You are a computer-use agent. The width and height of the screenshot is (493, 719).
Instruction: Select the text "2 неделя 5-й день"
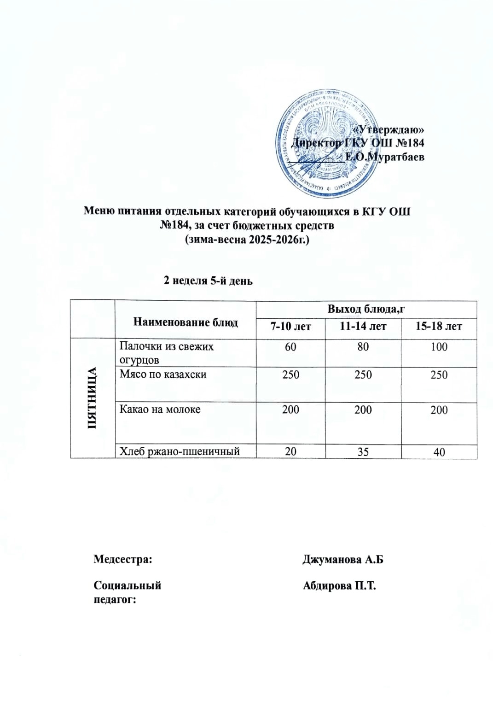coord(208,281)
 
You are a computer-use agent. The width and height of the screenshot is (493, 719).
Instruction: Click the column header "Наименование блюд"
coord(186,322)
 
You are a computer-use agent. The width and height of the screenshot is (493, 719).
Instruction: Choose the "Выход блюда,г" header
coord(366,309)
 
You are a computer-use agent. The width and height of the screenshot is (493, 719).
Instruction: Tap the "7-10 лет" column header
coord(290,327)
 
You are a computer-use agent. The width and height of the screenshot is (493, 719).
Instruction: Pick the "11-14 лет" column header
coord(363,327)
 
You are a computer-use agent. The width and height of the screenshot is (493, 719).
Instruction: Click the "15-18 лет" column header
coord(439,327)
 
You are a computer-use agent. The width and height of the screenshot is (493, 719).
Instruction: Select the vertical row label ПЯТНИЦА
coord(92,398)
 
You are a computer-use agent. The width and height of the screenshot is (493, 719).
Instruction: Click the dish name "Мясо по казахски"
coord(163,374)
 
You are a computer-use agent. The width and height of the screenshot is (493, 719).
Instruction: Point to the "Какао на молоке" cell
coord(160,409)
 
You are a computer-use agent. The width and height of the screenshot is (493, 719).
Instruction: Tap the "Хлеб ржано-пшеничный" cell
coord(180,451)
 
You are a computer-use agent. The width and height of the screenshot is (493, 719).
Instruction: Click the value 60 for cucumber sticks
coord(290,347)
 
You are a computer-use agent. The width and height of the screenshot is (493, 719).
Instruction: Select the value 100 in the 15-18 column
coord(439,347)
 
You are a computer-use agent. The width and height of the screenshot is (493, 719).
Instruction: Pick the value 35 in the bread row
coord(363,452)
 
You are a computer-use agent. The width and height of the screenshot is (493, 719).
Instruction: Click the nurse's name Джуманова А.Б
coord(342,560)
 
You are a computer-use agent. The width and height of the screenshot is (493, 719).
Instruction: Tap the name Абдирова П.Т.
coord(339,586)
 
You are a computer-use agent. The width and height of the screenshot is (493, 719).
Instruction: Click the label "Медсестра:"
coord(123,560)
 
